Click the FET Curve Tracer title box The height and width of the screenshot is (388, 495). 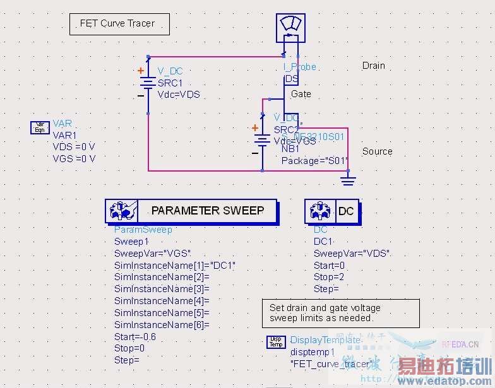pos(119,24)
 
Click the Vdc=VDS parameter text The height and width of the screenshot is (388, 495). pos(179,95)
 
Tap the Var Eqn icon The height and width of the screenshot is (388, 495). pos(40,129)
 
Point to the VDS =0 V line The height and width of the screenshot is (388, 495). pos(74,147)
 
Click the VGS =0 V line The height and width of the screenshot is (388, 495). pos(74,158)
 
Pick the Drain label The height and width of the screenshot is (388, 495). pos(373,66)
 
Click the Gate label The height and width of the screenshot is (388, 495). pos(301,94)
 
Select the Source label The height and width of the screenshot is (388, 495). pos(377,151)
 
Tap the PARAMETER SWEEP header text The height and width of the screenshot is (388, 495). pos(207,211)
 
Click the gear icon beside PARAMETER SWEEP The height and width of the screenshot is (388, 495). pos(120,211)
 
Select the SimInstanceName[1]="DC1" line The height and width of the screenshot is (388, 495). pos(174,265)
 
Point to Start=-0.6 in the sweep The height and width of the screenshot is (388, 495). pos(134,336)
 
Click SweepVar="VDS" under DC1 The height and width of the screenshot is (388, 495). pos(351,254)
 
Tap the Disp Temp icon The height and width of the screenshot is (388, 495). pos(276,343)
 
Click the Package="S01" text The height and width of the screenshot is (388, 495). pos(314,161)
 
